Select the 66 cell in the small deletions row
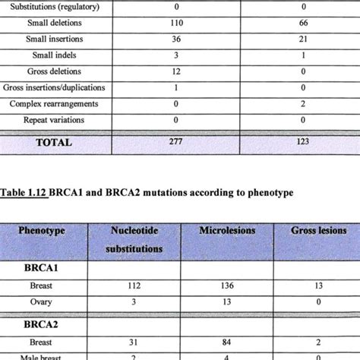pos(298,23)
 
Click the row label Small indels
pos(55,55)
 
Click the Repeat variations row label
pos(55,119)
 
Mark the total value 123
pos(298,141)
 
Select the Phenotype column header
pos(45,230)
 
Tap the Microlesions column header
pos(226,230)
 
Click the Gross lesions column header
pos(314,230)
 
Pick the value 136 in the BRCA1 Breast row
pos(226,286)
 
